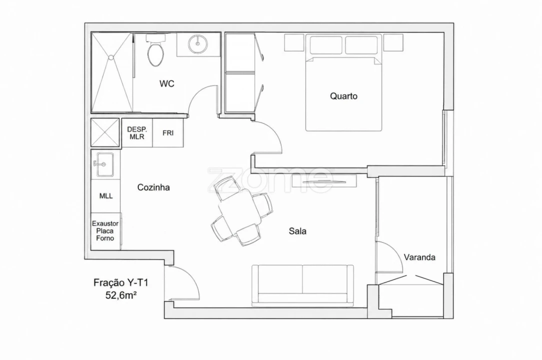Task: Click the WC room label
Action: point(167,83)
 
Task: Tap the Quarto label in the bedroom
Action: point(344,96)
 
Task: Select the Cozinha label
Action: point(153,187)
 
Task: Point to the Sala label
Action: point(298,230)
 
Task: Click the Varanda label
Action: point(419,257)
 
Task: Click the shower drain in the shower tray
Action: point(111,57)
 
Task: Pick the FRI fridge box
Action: point(168,133)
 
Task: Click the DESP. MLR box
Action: point(137,133)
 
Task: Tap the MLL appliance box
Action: point(106,195)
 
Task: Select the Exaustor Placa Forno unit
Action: point(106,231)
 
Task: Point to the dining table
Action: point(239,211)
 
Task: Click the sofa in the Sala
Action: point(302,285)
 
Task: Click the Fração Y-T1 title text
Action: point(120,283)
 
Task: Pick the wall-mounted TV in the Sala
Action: point(324,181)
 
